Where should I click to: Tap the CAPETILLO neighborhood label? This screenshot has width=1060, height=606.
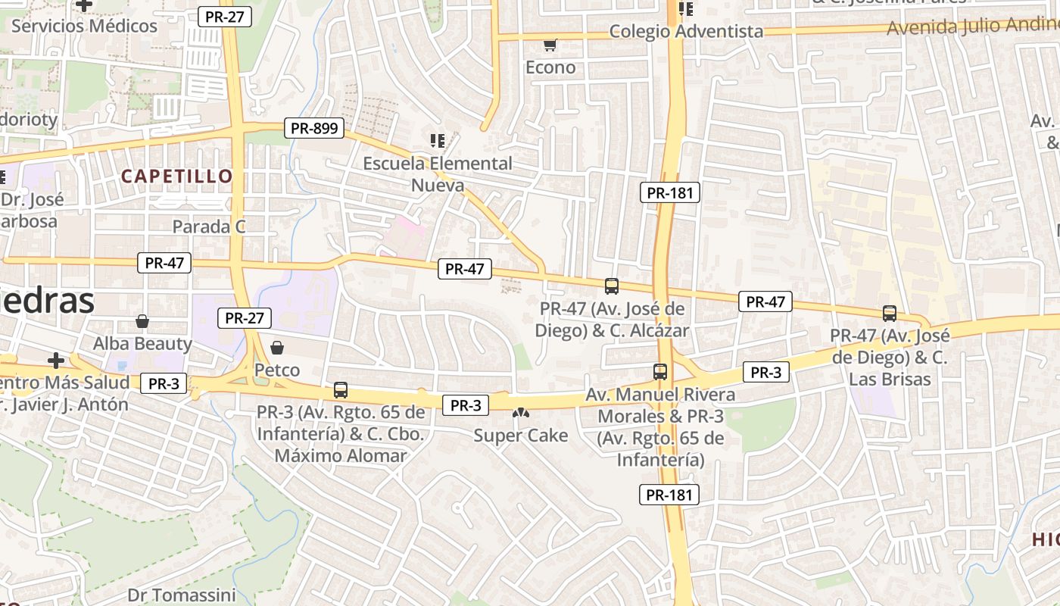pyautogui.click(x=176, y=176)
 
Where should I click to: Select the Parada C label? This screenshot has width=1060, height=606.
pyautogui.click(x=210, y=226)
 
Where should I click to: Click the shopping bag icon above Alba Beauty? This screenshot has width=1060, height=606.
pyautogui.click(x=142, y=321)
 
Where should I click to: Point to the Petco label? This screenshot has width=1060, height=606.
pyautogui.click(x=277, y=370)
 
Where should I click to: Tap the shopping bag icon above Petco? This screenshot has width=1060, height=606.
pyautogui.click(x=277, y=348)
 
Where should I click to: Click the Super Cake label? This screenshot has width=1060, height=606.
pyautogui.click(x=520, y=436)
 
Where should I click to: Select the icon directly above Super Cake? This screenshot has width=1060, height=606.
pyautogui.click(x=520, y=413)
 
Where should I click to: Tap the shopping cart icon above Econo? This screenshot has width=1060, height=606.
pyautogui.click(x=550, y=45)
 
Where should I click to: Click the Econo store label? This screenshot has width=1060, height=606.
pyautogui.click(x=550, y=67)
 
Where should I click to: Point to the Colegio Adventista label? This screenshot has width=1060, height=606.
pyautogui.click(x=686, y=31)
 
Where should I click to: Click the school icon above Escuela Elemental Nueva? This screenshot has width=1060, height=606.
pyautogui.click(x=437, y=140)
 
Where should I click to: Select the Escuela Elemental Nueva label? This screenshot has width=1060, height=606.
pyautogui.click(x=438, y=174)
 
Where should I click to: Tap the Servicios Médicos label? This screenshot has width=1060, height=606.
pyautogui.click(x=84, y=26)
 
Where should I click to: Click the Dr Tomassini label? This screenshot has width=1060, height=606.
pyautogui.click(x=182, y=595)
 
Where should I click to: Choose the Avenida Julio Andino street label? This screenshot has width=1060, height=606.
pyautogui.click(x=973, y=27)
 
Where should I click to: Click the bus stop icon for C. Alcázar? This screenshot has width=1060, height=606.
pyautogui.click(x=612, y=286)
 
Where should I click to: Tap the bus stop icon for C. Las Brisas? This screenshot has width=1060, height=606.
pyautogui.click(x=890, y=313)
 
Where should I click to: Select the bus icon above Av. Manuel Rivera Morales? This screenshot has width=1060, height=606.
pyautogui.click(x=660, y=372)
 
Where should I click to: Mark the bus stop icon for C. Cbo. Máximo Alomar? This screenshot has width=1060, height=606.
pyautogui.click(x=341, y=390)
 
